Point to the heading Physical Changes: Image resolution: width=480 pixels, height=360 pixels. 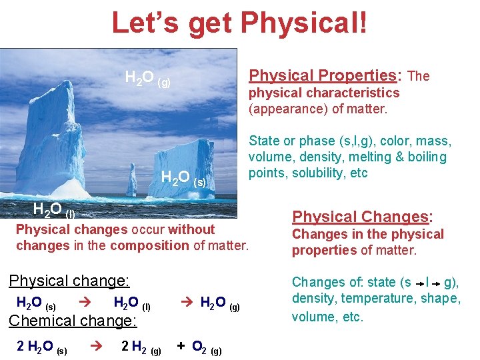[x=363, y=217]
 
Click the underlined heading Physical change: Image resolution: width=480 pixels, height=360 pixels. [x=69, y=280]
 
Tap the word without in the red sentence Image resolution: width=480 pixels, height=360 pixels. [x=191, y=229]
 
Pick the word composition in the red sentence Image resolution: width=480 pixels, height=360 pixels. [x=150, y=245]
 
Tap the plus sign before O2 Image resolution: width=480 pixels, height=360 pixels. [x=181, y=345]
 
